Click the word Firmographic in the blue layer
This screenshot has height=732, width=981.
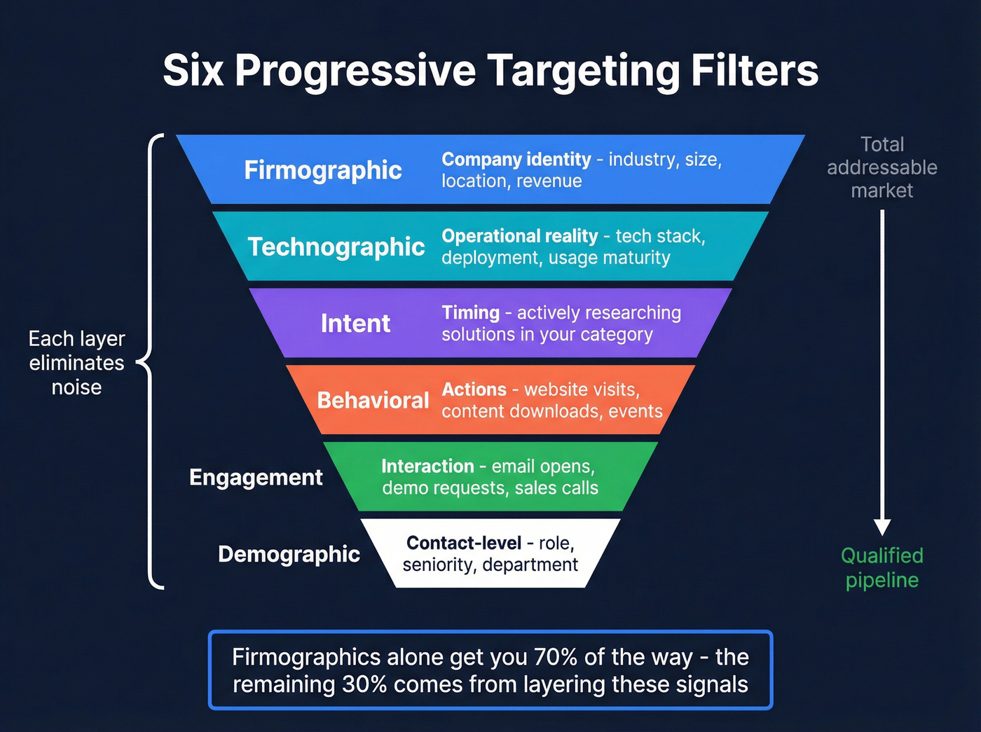(322, 170)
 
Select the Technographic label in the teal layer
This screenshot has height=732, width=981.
(336, 247)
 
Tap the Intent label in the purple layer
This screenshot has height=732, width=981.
(355, 324)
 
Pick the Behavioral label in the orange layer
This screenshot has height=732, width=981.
(373, 400)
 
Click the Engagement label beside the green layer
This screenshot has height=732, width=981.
(256, 477)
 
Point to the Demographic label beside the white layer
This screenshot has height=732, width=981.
(289, 554)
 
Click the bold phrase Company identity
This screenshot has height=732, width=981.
(516, 160)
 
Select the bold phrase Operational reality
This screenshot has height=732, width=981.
(519, 236)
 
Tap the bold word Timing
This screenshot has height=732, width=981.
(470, 312)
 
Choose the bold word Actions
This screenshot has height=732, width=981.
(474, 389)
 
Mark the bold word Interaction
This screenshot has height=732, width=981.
(427, 467)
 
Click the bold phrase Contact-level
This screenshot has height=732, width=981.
(464, 543)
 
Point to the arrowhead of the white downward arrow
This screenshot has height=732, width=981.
(882, 527)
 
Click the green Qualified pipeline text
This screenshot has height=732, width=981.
(881, 568)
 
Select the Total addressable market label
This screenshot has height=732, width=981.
(881, 167)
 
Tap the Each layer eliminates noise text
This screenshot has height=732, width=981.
(76, 363)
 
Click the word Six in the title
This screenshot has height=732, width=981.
(193, 71)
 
